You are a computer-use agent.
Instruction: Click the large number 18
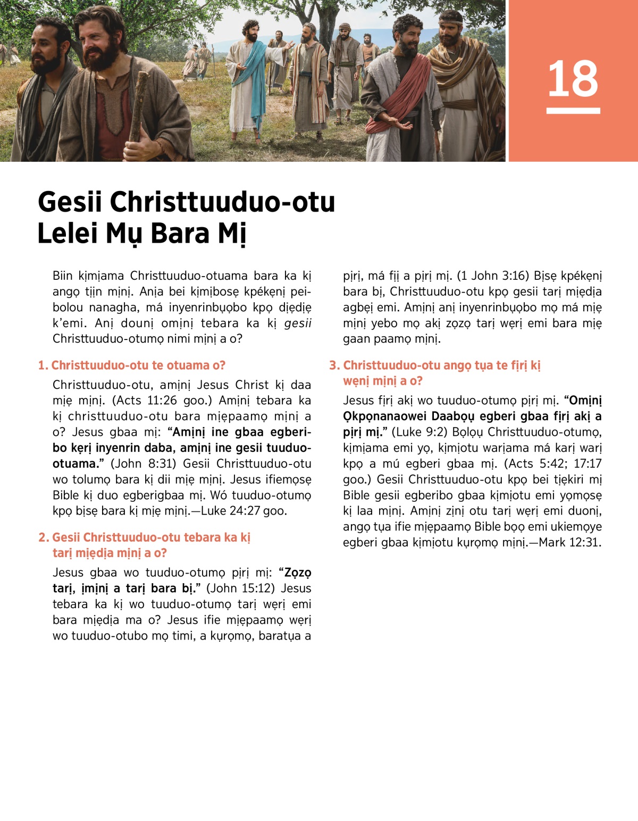coord(573,79)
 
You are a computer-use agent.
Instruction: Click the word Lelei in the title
coord(68,234)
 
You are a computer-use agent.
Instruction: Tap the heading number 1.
coord(43,366)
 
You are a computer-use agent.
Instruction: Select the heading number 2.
coord(43,537)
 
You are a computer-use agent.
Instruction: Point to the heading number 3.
coord(334,366)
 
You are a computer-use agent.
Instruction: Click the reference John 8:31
coord(143,464)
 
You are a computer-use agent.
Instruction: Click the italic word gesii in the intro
coord(298,324)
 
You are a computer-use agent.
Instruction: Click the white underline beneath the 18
coord(573,111)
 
